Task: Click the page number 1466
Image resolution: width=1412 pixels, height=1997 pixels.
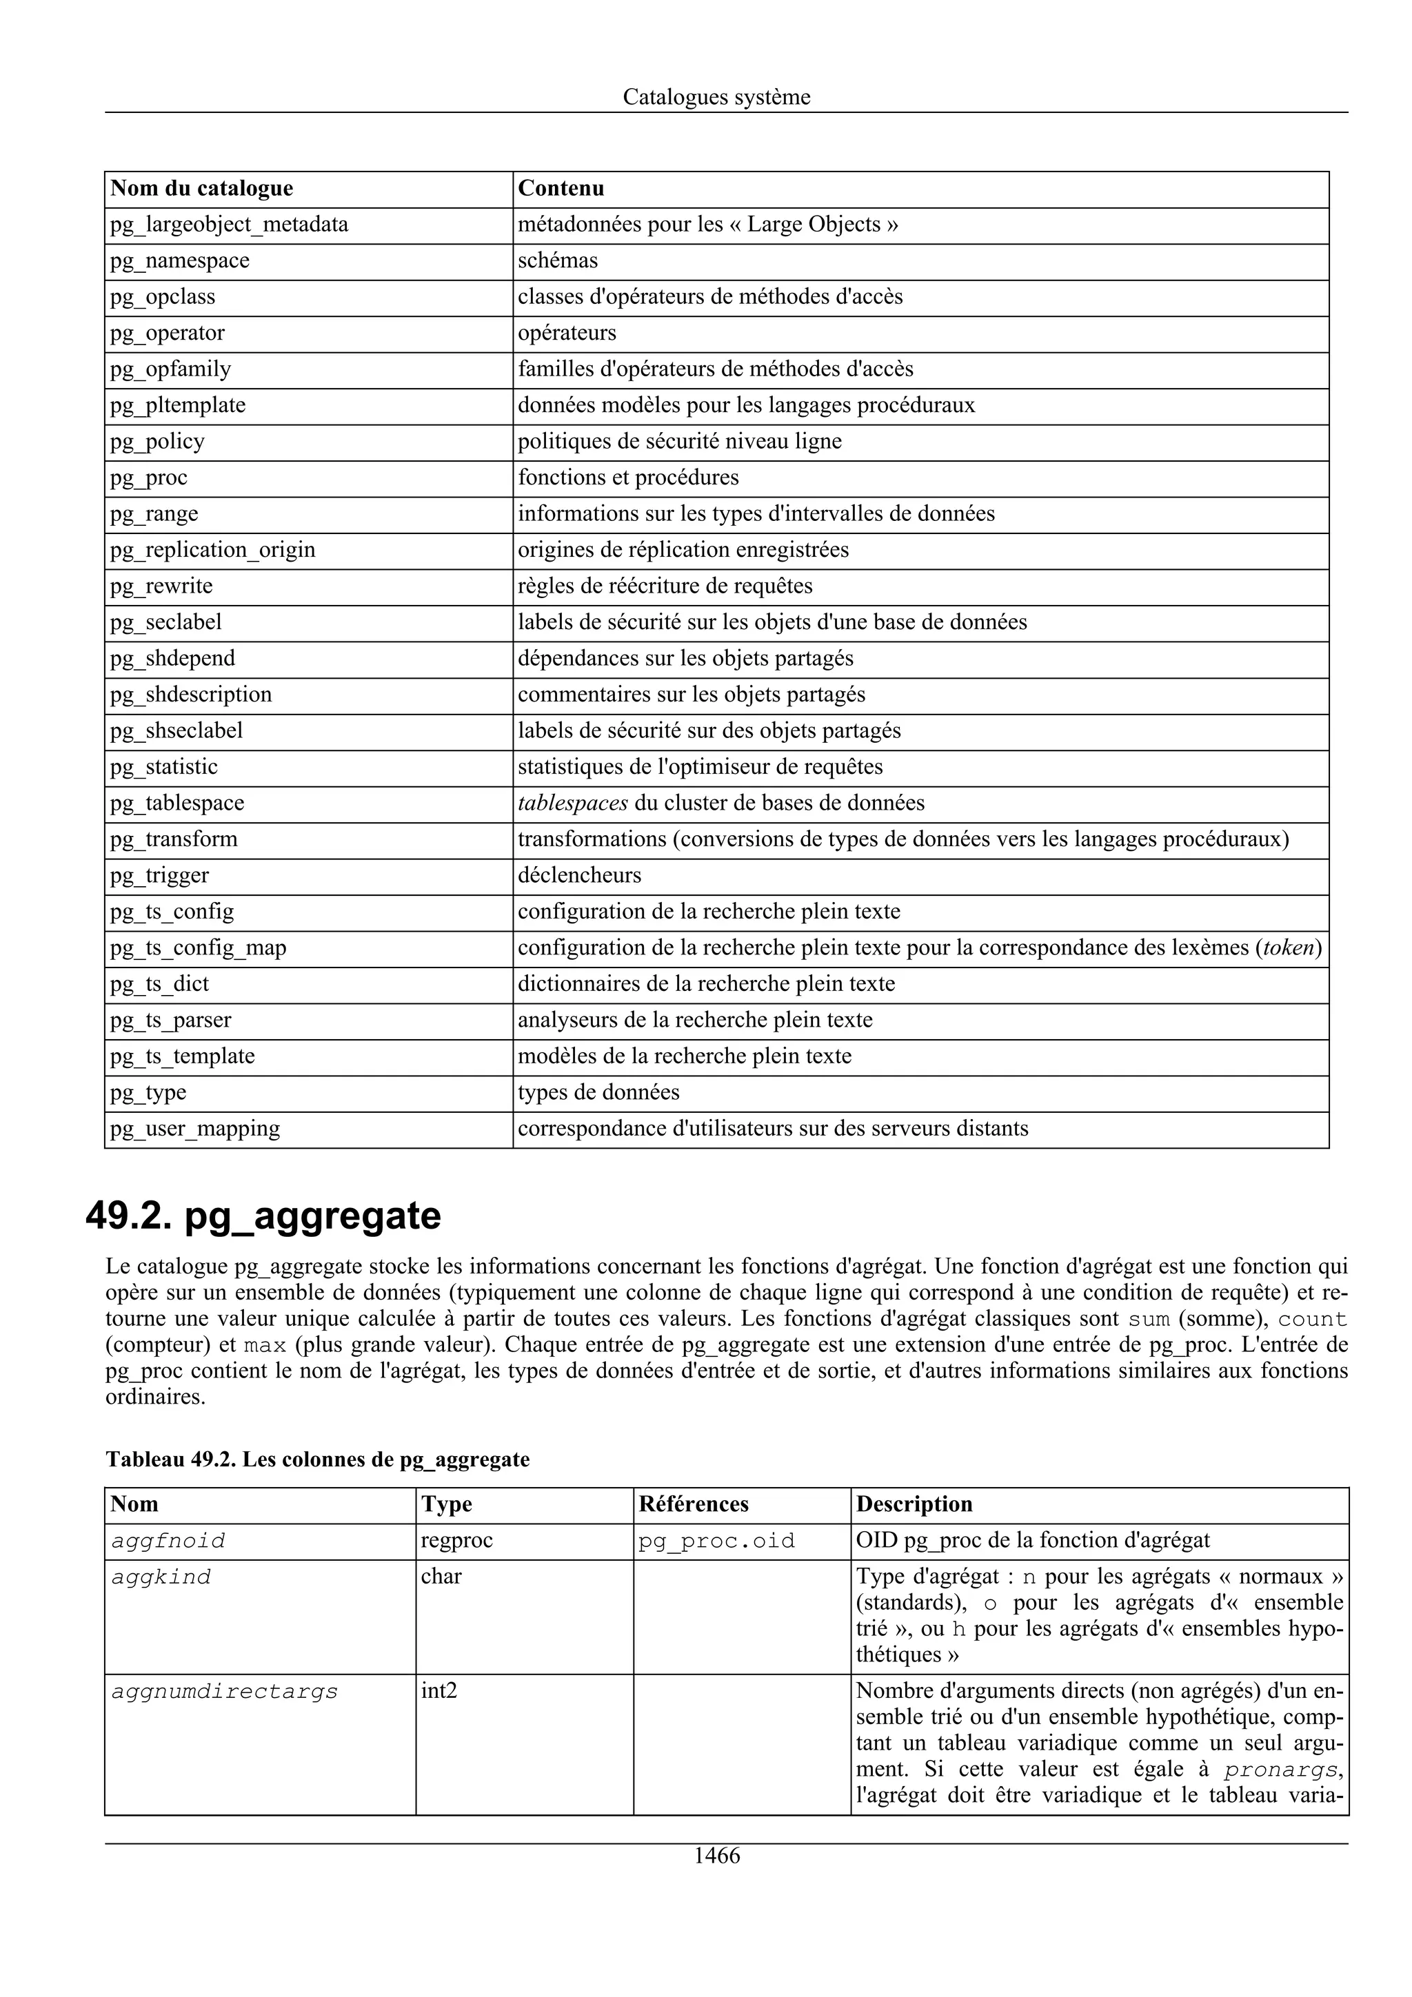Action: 716,1855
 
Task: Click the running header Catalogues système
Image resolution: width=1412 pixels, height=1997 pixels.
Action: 716,96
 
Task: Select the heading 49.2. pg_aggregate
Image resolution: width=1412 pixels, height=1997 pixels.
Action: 263,1216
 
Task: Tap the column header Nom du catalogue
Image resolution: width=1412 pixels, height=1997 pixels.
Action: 202,189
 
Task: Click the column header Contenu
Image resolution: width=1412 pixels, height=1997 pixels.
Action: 561,189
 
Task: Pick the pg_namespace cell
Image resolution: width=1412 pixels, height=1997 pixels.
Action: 180,261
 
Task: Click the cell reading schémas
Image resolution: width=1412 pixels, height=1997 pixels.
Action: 558,261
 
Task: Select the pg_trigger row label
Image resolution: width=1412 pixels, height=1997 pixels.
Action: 160,876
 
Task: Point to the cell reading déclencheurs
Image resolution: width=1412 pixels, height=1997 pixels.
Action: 579,876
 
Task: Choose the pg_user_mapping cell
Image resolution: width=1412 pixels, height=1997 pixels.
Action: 196,1129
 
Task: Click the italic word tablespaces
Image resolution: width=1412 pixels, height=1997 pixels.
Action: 572,803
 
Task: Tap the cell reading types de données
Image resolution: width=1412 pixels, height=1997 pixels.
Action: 598,1092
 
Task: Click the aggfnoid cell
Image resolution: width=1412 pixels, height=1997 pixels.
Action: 168,1542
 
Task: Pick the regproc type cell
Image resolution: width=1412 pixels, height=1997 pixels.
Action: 456,1542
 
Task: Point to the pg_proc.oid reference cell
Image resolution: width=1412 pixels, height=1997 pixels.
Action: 717,1542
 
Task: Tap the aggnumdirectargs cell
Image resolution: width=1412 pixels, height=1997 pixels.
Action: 225,1692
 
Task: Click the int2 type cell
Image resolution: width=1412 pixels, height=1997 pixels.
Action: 439,1692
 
